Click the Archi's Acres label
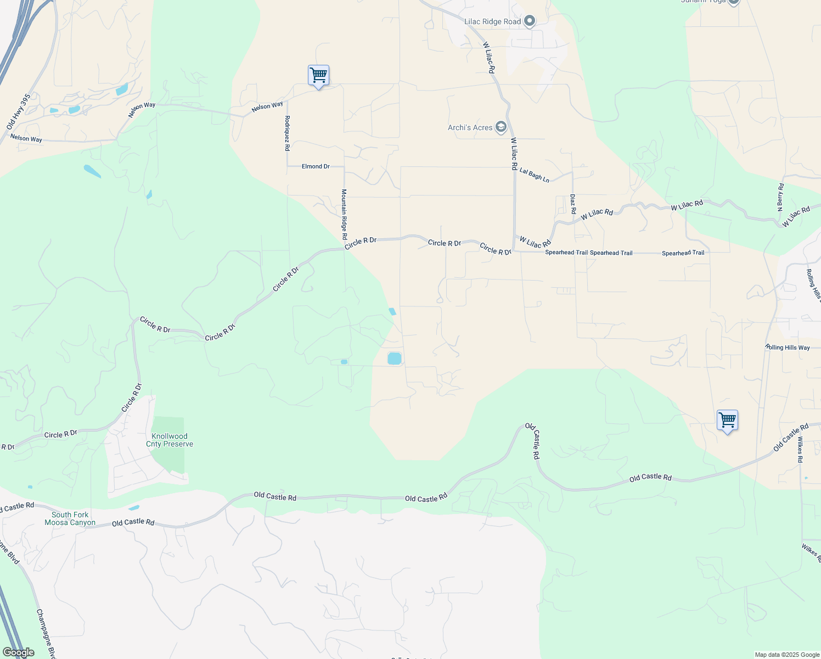click(x=470, y=127)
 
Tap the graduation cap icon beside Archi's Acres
click(x=501, y=127)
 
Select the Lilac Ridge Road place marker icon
click(x=530, y=21)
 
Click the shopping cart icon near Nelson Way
click(x=318, y=75)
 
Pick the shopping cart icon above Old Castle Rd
click(x=727, y=420)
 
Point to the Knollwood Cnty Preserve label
click(x=170, y=440)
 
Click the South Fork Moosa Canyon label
click(x=70, y=518)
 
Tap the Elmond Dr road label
click(x=316, y=166)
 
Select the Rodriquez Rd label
click(x=287, y=133)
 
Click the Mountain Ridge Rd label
click(x=344, y=214)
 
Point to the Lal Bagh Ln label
click(x=534, y=175)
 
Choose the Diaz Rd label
click(x=572, y=204)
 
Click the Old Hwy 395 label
click(x=19, y=111)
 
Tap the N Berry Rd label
click(x=780, y=197)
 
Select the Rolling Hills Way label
click(x=788, y=348)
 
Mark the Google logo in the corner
click(x=18, y=652)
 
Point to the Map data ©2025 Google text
click(x=786, y=655)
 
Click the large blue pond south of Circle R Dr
click(x=395, y=359)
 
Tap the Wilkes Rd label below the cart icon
click(x=800, y=449)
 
